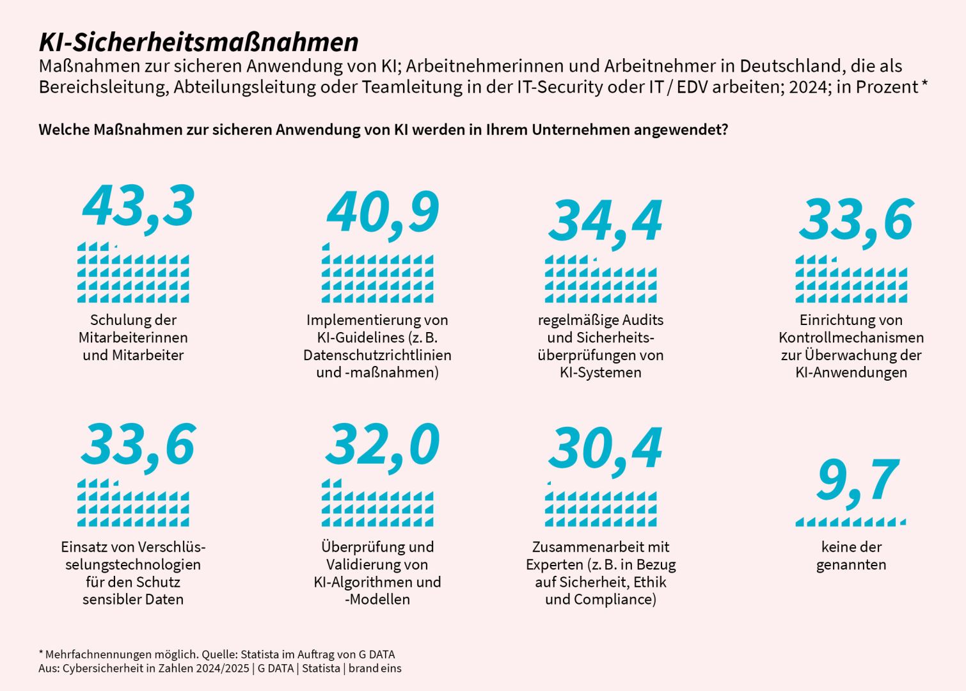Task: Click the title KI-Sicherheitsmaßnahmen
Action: click(198, 42)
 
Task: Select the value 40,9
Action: click(383, 213)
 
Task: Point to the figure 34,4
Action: click(605, 221)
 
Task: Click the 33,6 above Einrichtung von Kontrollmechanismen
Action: click(856, 220)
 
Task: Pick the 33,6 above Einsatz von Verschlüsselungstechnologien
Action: click(138, 445)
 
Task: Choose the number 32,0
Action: click(383, 445)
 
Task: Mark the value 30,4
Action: click(605, 449)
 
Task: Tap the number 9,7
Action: click(857, 481)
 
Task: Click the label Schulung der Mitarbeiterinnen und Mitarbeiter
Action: click(133, 337)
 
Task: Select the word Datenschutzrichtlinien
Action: click(377, 355)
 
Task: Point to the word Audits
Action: click(642, 320)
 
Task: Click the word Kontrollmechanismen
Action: click(851, 337)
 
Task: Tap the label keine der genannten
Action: click(851, 555)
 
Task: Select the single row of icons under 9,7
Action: click(851, 522)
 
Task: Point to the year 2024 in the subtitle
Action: click(809, 86)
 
